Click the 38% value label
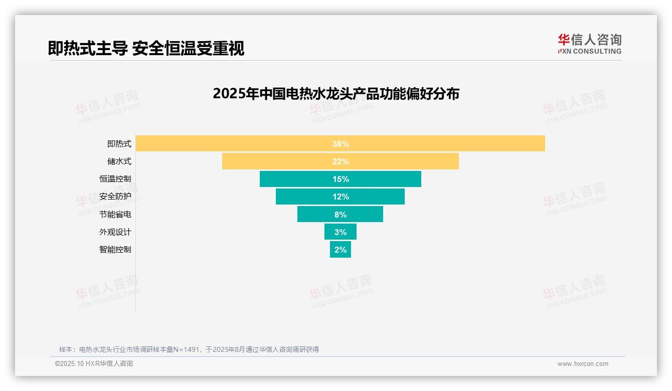point(341,144)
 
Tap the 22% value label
point(341,161)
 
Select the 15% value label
point(341,179)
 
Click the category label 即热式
point(119,144)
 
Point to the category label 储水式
point(119,161)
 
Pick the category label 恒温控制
point(115,179)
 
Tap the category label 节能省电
point(115,215)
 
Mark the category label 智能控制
point(115,250)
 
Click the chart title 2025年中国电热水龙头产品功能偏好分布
point(336,94)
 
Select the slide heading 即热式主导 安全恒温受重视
point(146,48)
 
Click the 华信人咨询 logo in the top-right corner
point(590,44)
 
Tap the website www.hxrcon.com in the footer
point(583,364)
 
